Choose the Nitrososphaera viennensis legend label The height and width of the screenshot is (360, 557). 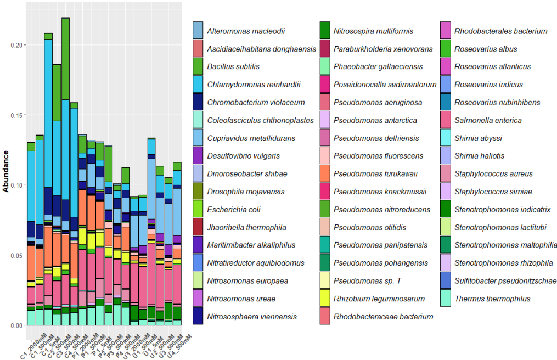point(252,317)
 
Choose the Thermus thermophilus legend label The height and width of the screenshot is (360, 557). point(492,299)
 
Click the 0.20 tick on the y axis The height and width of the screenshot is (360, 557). point(16,45)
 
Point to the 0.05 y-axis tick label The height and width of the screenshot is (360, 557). point(16,256)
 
